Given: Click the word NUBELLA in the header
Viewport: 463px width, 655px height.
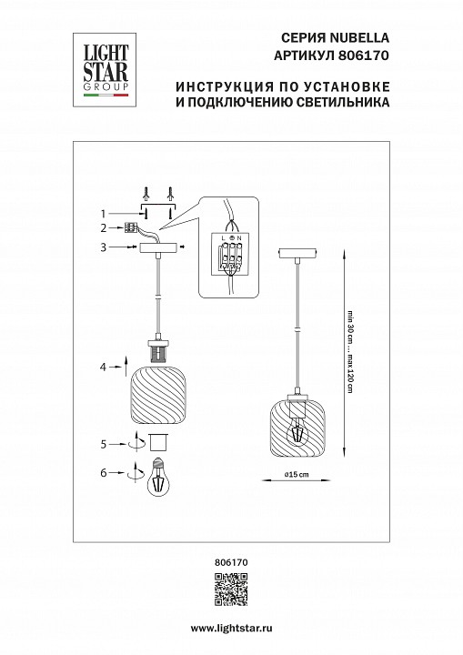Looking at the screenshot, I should point(363,38).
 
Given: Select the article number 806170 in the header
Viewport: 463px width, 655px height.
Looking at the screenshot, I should point(367,55).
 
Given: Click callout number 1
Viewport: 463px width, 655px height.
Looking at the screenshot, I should point(105,211).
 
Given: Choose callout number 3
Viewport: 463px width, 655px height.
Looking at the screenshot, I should point(105,247).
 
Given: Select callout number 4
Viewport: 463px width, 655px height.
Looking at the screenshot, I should point(105,367).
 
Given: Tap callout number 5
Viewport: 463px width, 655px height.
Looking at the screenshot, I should point(105,445).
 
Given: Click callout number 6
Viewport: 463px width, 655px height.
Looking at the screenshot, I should point(105,473).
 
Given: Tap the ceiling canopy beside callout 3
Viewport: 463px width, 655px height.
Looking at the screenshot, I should point(158,248).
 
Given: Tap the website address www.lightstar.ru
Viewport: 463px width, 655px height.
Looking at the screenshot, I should point(231,629).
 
